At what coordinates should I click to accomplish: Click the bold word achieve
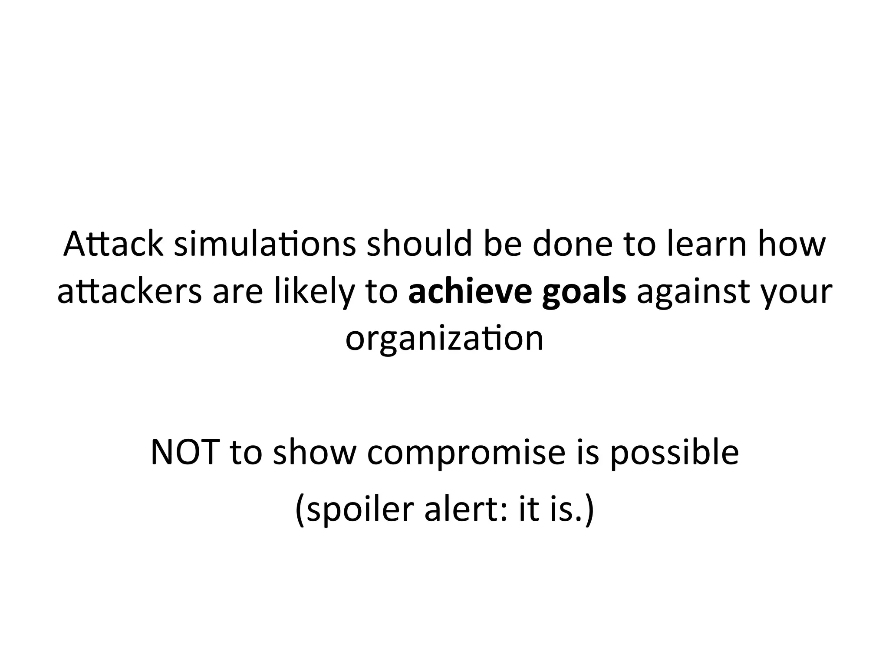(x=470, y=291)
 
